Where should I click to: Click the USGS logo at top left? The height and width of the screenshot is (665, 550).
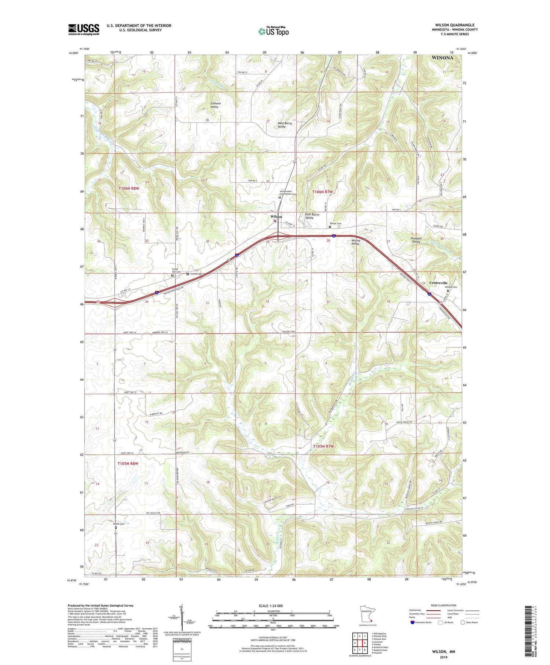pyautogui.click(x=84, y=29)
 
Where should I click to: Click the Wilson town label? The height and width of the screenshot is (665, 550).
pyautogui.click(x=276, y=217)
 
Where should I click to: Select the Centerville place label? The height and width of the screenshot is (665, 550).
pyautogui.click(x=439, y=283)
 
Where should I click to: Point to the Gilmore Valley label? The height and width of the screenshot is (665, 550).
pyautogui.click(x=216, y=105)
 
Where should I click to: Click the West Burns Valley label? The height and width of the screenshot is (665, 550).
pyautogui.click(x=285, y=125)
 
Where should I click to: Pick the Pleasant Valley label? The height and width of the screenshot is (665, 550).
pyautogui.click(x=416, y=240)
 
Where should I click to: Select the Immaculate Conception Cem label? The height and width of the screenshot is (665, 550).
pyautogui.click(x=288, y=192)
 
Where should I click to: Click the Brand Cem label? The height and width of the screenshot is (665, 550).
pyautogui.click(x=118, y=524)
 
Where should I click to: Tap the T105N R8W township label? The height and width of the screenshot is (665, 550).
pyautogui.click(x=128, y=464)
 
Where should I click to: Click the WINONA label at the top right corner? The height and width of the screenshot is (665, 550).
pyautogui.click(x=442, y=58)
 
